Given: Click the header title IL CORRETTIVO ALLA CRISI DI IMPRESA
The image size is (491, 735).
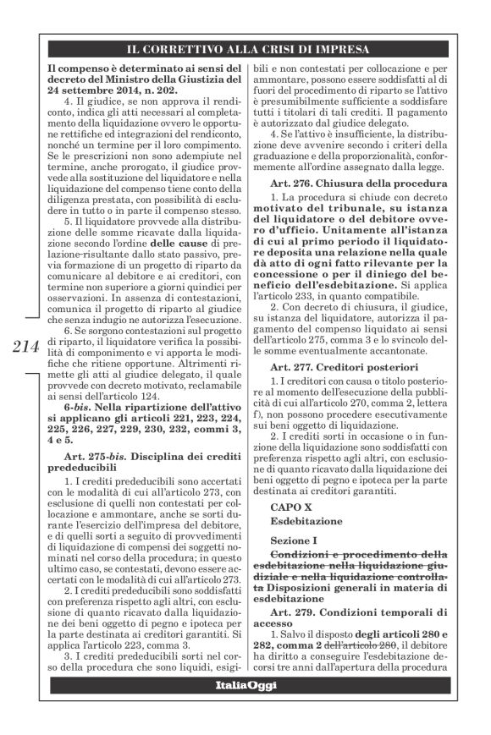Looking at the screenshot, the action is [x=245, y=48].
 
